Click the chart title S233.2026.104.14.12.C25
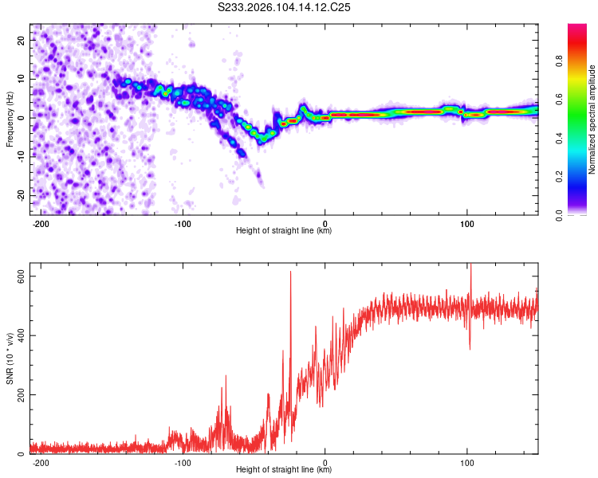point(285,7)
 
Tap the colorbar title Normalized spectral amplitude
point(592,119)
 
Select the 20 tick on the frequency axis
point(21,40)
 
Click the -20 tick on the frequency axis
point(19,195)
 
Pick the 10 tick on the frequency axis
point(21,79)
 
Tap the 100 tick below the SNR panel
point(466,461)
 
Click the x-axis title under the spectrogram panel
point(284,231)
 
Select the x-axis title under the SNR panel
point(284,470)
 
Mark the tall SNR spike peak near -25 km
point(290,272)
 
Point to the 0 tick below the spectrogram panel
point(325,222)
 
